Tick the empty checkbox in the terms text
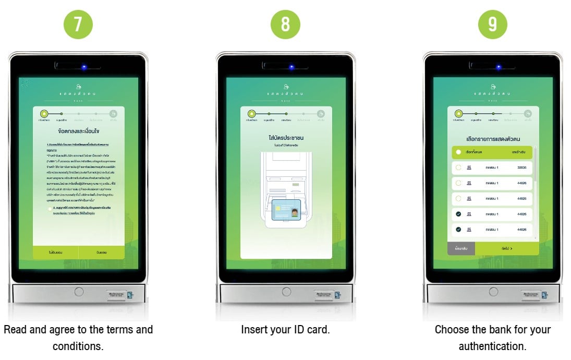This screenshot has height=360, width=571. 50,209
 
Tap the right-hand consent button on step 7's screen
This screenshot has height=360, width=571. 102,253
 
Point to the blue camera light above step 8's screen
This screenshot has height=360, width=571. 291,67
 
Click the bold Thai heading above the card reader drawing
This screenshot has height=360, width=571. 286,138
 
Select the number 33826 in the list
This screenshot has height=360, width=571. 521,167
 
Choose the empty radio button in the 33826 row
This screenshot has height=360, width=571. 458,167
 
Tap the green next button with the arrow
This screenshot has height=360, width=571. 507,249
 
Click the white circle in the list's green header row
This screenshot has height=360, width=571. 458,152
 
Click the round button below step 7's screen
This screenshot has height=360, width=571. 79,292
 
